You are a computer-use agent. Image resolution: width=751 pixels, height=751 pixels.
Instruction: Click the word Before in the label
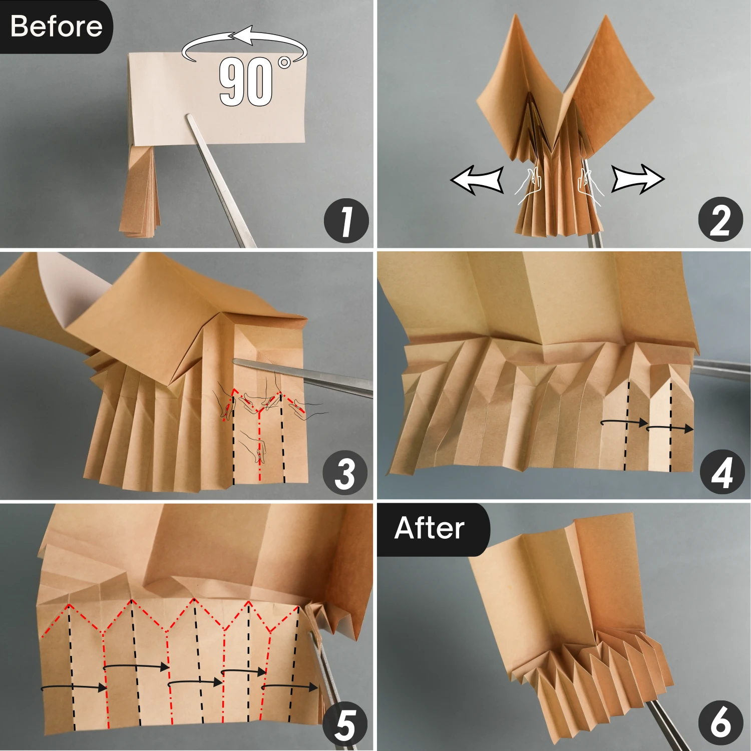click(56, 26)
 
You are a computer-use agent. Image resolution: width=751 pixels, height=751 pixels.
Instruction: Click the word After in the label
click(429, 528)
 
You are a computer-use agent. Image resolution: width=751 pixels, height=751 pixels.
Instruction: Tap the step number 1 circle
click(346, 221)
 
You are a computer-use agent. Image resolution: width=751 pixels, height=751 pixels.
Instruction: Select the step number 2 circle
click(720, 220)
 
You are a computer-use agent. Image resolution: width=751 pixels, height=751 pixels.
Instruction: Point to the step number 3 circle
click(345, 473)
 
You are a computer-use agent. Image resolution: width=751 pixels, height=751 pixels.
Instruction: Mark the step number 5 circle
click(345, 724)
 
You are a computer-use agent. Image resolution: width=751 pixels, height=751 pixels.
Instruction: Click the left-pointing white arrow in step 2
click(477, 180)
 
